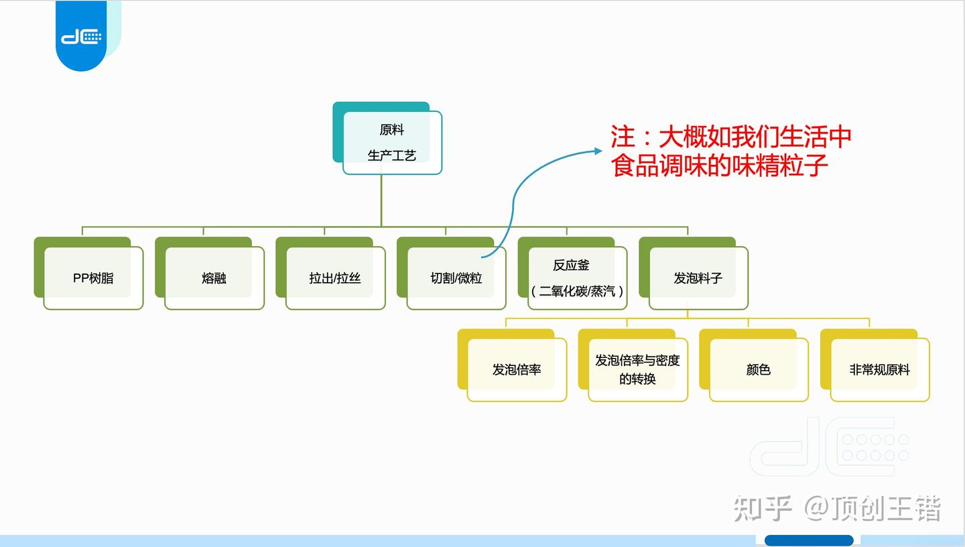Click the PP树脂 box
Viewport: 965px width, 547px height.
tap(93, 278)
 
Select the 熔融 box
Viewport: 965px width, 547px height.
tap(214, 278)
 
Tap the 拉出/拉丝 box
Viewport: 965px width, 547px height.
tap(335, 278)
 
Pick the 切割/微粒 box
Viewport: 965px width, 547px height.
tap(456, 278)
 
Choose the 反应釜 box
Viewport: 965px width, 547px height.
tap(571, 265)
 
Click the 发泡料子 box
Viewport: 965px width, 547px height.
tap(698, 278)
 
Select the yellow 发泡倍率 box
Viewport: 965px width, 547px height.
tap(517, 369)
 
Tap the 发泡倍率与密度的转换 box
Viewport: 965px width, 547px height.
tap(637, 369)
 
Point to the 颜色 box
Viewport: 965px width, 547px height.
tap(758, 369)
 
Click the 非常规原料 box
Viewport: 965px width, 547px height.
tap(879, 369)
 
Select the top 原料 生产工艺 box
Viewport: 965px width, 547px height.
tap(392, 142)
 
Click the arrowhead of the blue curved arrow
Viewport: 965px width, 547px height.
tap(598, 151)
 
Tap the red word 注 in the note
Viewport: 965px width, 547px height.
tap(623, 137)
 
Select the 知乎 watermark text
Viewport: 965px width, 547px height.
tap(763, 508)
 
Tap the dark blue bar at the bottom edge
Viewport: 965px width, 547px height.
tap(809, 540)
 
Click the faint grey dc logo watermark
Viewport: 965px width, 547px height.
tap(830, 447)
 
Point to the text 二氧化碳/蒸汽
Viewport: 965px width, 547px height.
tap(578, 292)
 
